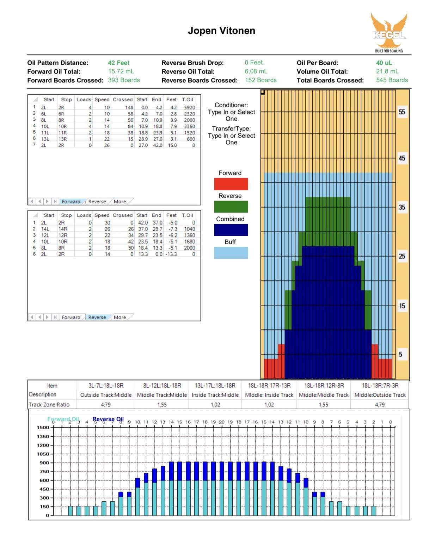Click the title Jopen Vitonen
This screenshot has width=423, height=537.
[221, 31]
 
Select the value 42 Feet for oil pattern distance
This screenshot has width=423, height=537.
[118, 63]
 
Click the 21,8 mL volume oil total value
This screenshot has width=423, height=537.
[387, 71]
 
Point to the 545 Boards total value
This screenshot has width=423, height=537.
[392, 80]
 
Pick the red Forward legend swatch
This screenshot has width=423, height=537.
[231, 184]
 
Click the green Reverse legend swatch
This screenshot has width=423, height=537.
[231, 207]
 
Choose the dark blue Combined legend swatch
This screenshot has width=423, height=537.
[231, 230]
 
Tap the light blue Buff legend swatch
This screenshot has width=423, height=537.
[231, 253]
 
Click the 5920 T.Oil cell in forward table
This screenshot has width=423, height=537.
[189, 107]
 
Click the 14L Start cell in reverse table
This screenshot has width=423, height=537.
[45, 229]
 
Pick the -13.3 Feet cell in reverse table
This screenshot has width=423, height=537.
[171, 254]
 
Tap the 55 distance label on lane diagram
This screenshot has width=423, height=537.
[402, 112]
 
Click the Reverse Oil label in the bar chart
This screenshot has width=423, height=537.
[108, 419]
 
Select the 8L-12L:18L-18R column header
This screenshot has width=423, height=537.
[162, 386]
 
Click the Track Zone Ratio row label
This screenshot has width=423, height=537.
[49, 405]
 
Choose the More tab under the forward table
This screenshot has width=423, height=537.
[120, 202]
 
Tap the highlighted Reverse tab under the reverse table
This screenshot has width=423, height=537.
[97, 317]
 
